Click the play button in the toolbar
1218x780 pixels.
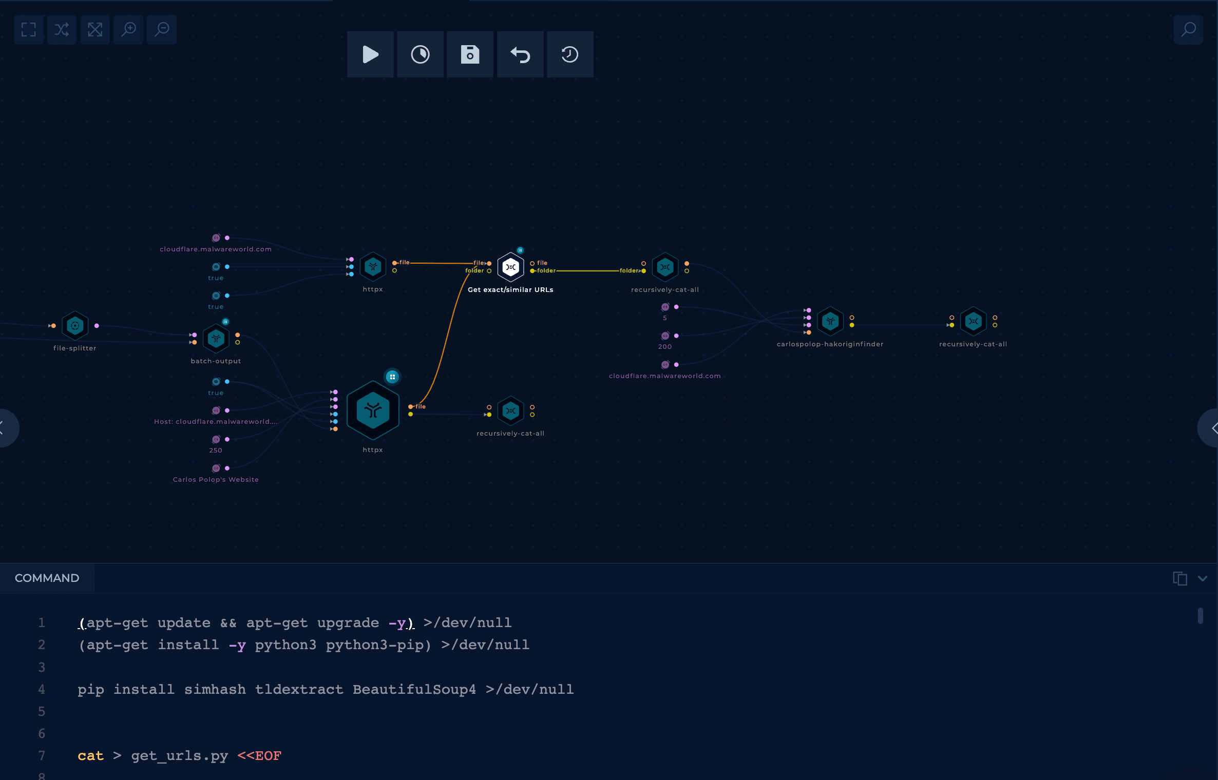(370, 54)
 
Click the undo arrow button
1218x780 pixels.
(520, 54)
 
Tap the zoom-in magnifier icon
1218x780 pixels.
(128, 29)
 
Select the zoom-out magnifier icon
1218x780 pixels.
(162, 29)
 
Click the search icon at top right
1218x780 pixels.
(1188, 29)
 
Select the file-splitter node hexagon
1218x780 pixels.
(75, 325)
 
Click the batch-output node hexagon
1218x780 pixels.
(216, 339)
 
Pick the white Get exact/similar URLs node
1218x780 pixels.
(510, 267)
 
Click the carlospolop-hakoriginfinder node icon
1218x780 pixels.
(830, 321)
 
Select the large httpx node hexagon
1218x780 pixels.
(373, 410)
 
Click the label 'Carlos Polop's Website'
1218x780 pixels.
(216, 479)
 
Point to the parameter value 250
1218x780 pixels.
(216, 451)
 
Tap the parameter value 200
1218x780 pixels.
(665, 347)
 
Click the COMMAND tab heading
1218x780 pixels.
(47, 578)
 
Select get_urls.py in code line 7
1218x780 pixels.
(179, 756)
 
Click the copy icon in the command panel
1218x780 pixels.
(1180, 578)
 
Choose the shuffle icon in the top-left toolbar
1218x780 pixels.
(62, 29)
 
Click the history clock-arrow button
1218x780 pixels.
(570, 54)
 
